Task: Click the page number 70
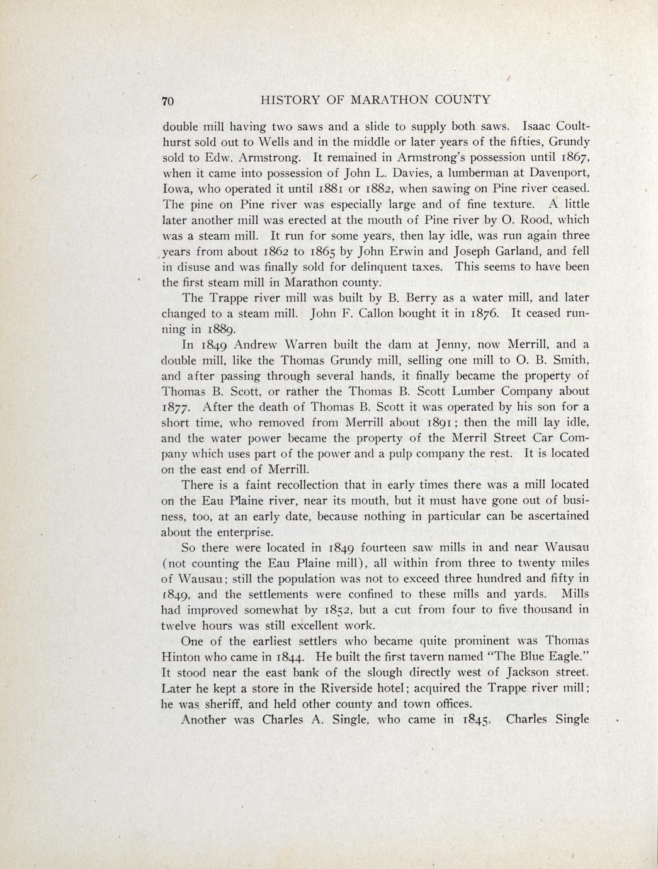pyautogui.click(x=167, y=101)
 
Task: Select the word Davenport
pyautogui.click(x=557, y=173)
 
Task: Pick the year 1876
pyautogui.click(x=485, y=314)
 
